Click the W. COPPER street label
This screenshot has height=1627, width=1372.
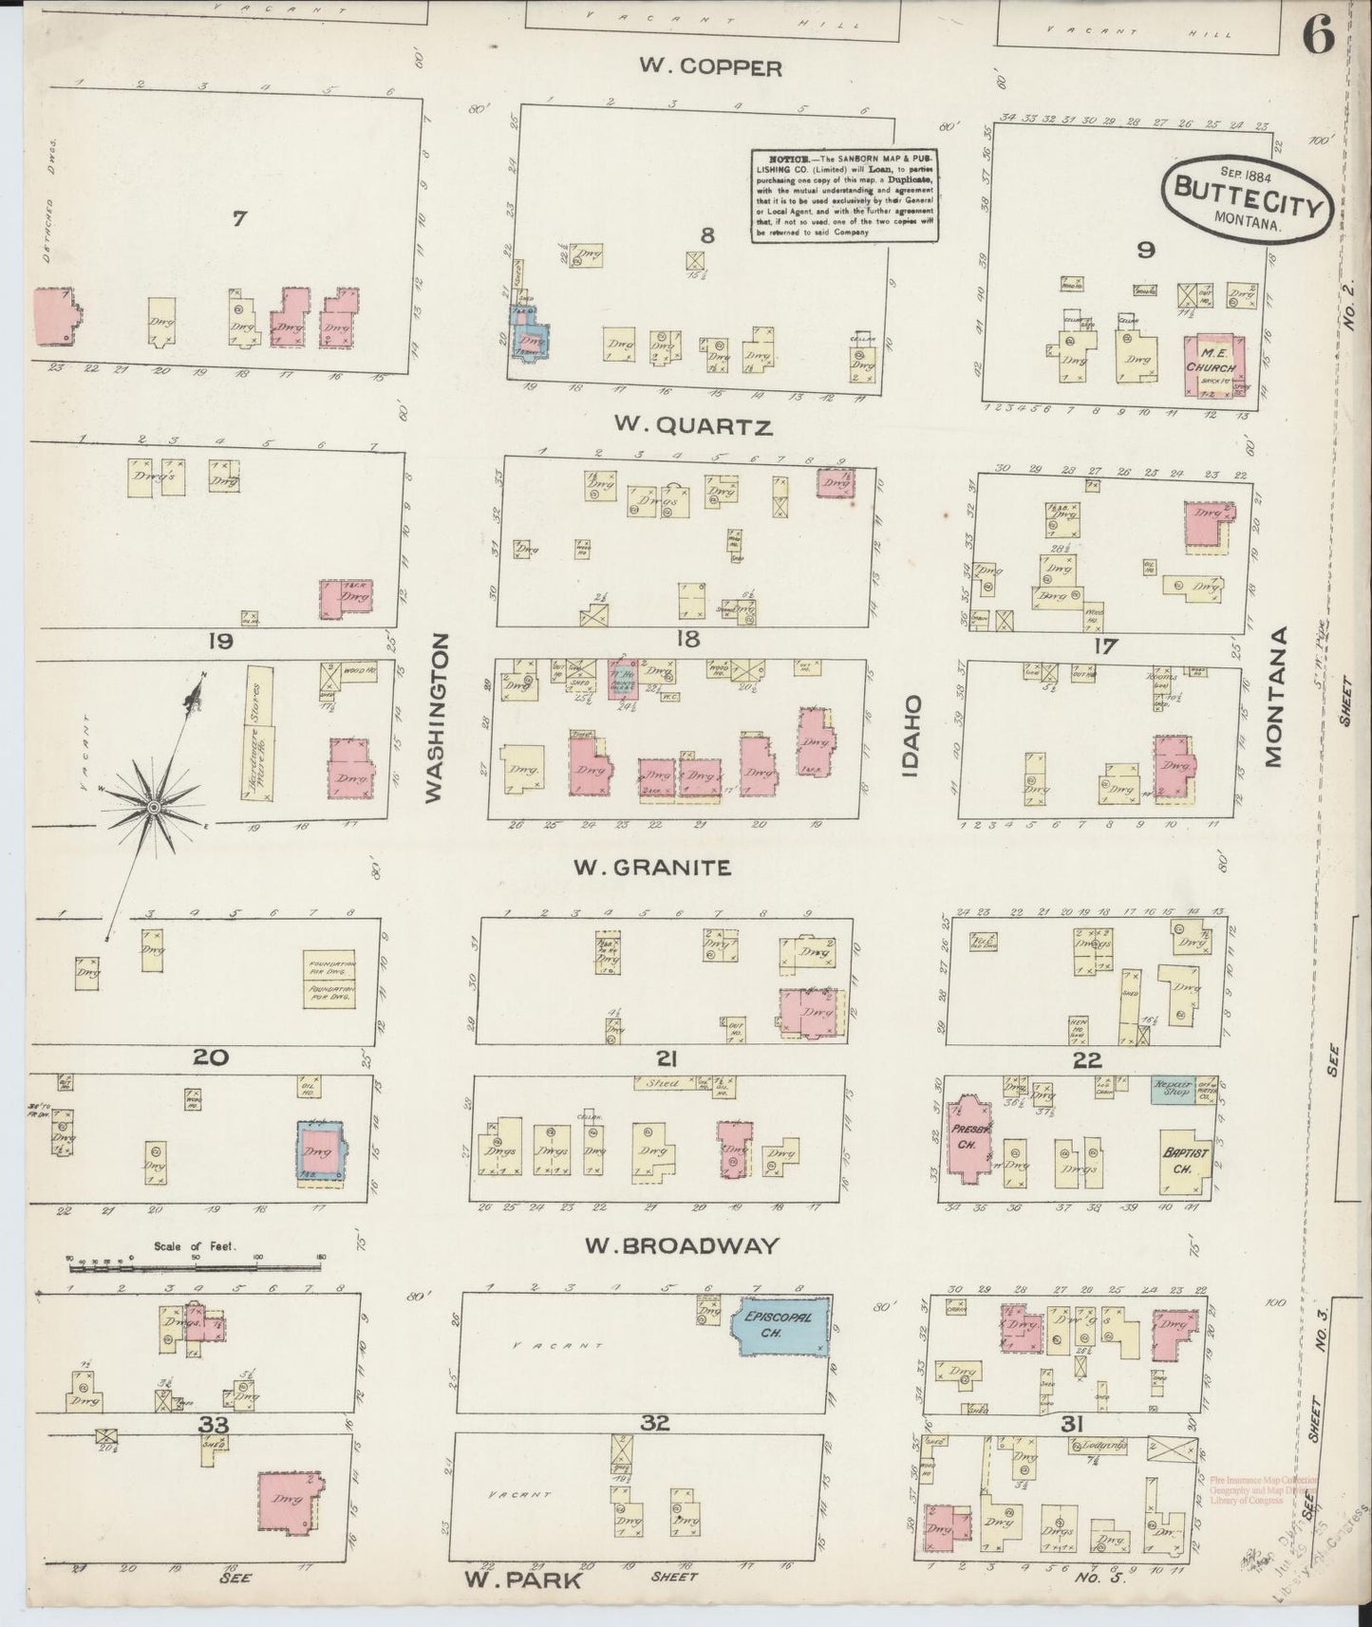pos(710,67)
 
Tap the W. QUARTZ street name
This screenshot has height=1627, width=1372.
pos(692,426)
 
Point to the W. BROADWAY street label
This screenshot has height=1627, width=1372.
pos(683,1245)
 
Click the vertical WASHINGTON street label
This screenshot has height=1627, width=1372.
pos(435,719)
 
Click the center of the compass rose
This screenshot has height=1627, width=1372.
pos(153,806)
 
